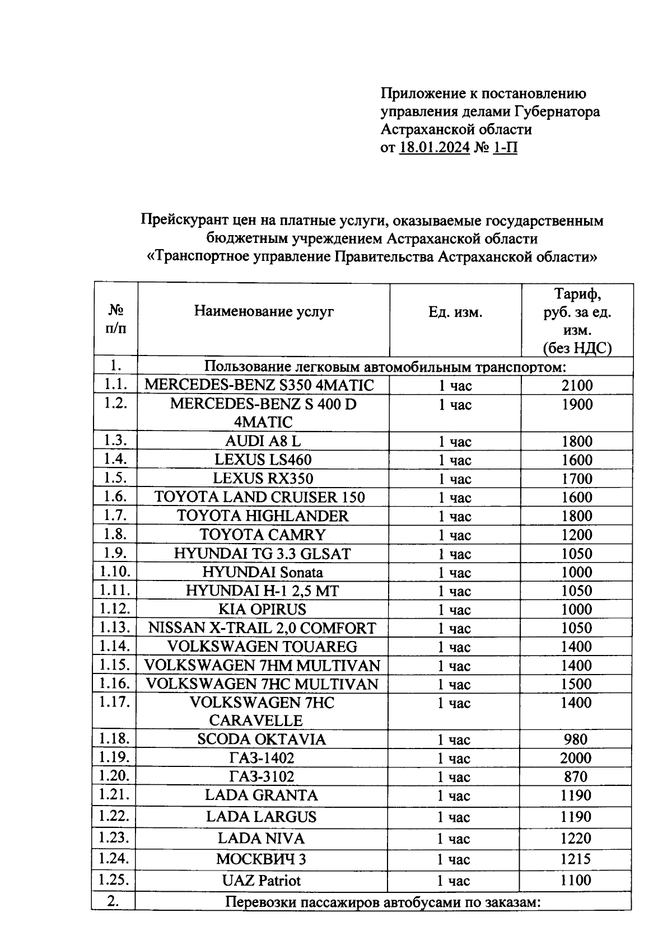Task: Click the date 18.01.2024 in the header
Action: click(x=435, y=148)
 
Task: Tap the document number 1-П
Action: click(x=505, y=148)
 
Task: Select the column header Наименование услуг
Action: click(x=264, y=311)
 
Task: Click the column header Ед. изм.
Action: click(x=455, y=312)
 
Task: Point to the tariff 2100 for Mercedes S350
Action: click(x=577, y=385)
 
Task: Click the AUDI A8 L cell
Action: click(x=263, y=441)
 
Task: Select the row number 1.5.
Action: click(x=115, y=478)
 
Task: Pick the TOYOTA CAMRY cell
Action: click(x=263, y=535)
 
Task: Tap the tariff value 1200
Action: click(x=577, y=535)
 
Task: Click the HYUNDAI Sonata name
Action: click(x=263, y=572)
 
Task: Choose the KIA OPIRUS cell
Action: click(x=263, y=609)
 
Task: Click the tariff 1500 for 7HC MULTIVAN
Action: click(x=577, y=684)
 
